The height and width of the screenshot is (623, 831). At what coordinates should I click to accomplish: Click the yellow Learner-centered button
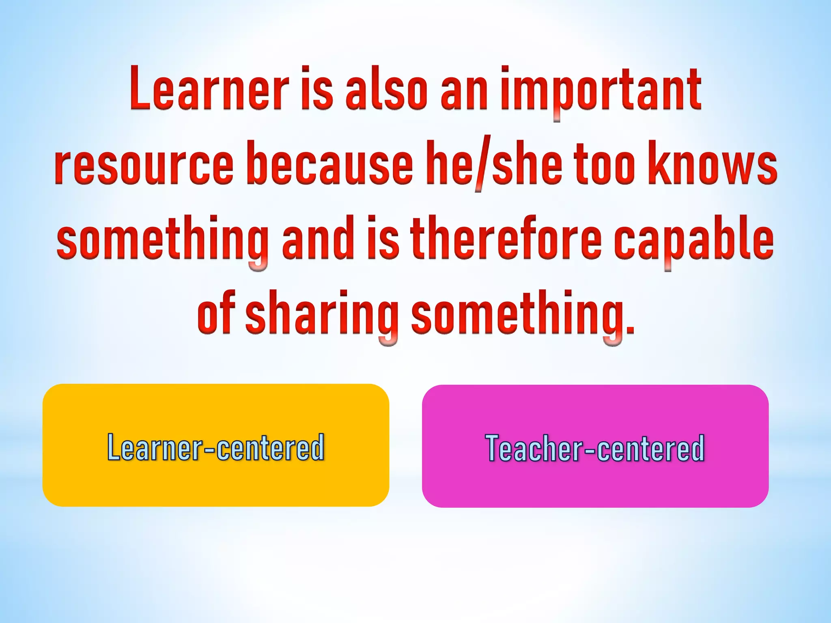[x=215, y=445]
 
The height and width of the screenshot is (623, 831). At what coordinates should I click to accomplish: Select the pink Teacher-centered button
[x=595, y=446]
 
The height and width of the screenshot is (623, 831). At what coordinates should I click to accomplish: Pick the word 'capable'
[x=693, y=239]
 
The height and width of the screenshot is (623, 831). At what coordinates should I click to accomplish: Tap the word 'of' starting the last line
[x=215, y=312]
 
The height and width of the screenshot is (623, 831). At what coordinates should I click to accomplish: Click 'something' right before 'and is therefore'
[x=162, y=239]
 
